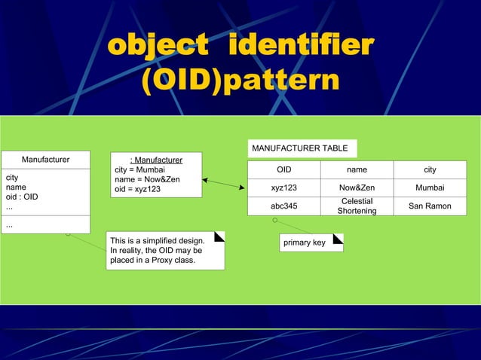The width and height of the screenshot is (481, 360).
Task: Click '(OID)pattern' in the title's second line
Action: (240, 82)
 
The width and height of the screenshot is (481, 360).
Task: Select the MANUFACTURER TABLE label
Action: (299, 148)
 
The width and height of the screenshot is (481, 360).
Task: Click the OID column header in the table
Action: (283, 170)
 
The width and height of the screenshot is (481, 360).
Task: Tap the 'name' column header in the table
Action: (357, 170)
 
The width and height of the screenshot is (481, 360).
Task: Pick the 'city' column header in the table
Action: (430, 170)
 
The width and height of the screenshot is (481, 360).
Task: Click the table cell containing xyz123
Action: (283, 188)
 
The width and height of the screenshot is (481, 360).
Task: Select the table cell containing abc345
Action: (283, 206)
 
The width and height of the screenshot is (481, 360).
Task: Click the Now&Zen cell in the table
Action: (357, 188)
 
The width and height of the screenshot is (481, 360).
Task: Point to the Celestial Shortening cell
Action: (357, 206)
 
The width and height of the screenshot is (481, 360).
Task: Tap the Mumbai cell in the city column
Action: (430, 188)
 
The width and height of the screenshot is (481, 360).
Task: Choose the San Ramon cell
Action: (430, 206)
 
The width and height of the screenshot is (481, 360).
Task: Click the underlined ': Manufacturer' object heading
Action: (156, 160)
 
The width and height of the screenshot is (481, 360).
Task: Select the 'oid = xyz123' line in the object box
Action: (137, 189)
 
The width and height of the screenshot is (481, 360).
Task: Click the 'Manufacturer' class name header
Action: (45, 160)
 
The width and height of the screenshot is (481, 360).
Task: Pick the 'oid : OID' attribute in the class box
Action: (22, 197)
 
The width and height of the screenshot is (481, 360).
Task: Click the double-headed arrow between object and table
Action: (224, 184)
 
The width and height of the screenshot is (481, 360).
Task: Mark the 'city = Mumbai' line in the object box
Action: (139, 169)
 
